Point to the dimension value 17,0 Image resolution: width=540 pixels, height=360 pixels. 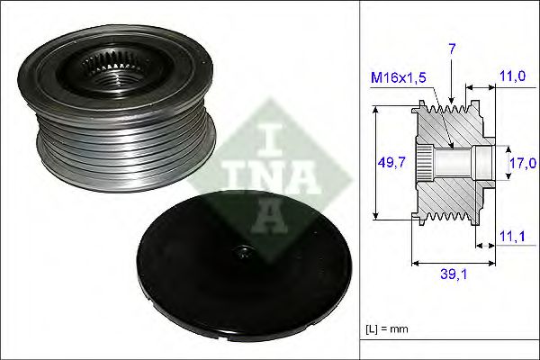click(x=521, y=163)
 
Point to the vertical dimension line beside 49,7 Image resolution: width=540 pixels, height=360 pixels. click(x=375, y=162)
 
